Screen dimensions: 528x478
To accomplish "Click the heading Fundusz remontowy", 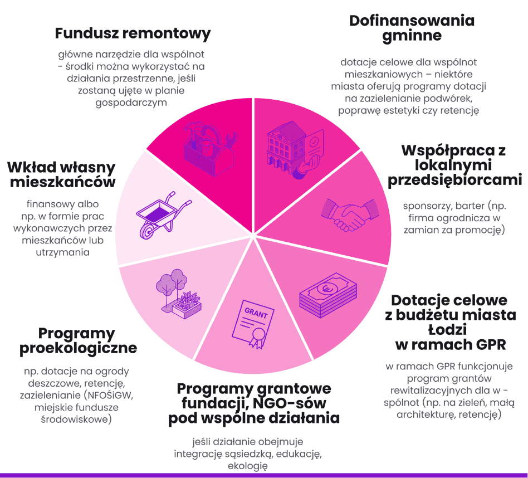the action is tap(133, 33).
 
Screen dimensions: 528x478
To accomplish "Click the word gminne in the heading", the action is tap(412, 36).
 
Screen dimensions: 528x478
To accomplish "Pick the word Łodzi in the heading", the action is tap(449, 329).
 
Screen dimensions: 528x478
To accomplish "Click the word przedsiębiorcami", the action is tap(454, 180).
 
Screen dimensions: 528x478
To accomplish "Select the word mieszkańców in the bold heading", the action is tap(61, 182).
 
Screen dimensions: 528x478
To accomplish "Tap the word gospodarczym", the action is tap(131, 103).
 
